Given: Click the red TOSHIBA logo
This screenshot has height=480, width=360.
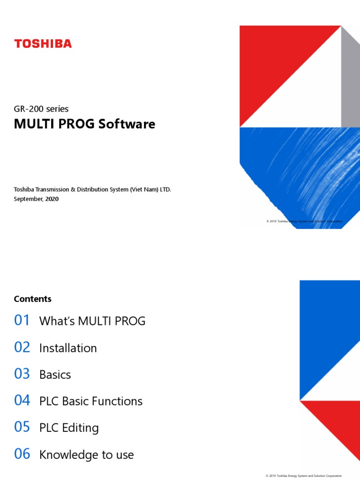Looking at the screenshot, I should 43,44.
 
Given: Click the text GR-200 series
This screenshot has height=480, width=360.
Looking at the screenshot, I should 41,109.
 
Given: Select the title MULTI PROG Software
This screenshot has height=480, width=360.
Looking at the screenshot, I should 84,124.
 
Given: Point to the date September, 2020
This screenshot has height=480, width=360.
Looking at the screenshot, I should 37,199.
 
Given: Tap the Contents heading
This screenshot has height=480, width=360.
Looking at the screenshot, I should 33,299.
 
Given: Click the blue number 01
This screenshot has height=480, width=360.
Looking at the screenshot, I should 22,321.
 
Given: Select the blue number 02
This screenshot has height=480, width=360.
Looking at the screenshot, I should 22,347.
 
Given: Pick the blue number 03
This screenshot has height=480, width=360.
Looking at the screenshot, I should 22,374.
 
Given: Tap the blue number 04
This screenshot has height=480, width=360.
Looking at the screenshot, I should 22,401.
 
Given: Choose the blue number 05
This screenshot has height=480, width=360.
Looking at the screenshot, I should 22,427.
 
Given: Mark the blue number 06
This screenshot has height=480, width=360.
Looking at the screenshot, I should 22,454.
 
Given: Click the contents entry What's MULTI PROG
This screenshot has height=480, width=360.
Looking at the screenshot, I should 92,321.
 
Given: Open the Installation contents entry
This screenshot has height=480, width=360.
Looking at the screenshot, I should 68,348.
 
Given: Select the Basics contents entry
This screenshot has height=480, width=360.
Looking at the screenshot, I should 55,375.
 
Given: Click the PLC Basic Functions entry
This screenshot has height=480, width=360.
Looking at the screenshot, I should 91,401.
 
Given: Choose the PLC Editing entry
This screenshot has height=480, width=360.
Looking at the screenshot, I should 69,428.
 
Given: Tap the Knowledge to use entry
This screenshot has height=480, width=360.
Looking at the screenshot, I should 87,455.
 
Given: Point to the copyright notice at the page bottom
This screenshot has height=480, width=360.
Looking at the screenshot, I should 304,476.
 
